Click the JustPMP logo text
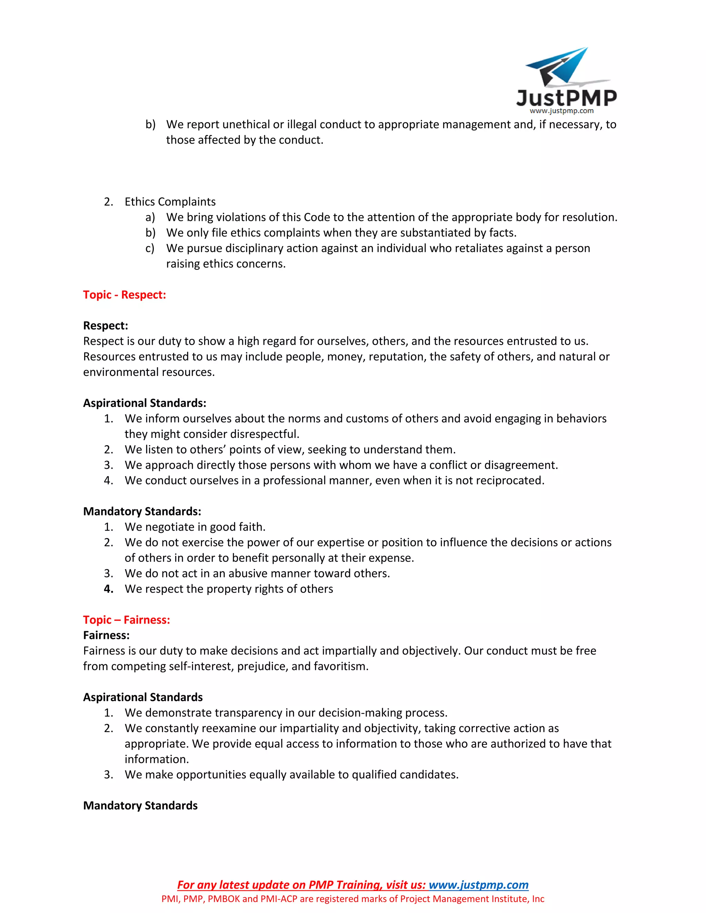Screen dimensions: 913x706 pos(566,98)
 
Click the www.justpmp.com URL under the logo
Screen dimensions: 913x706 pos(561,111)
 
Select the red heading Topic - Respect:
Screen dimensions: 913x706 pos(124,295)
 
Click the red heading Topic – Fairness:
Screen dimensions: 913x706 pos(126,619)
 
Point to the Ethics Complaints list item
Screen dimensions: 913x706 pos(170,202)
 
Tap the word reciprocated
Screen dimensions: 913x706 pos(510,480)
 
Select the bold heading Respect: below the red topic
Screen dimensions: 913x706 pos(105,326)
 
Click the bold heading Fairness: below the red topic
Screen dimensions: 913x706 pos(106,635)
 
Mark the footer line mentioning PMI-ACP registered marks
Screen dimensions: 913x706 pos(353,899)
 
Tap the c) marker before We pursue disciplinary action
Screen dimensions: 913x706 pos(150,248)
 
